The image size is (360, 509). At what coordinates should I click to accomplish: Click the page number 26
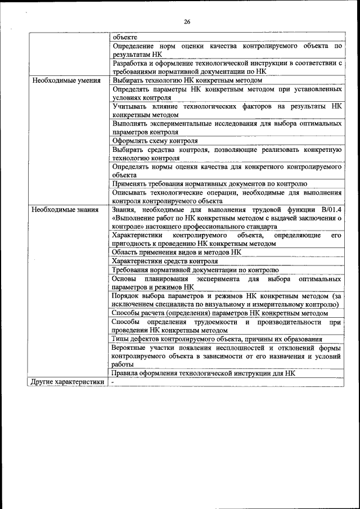click(187, 22)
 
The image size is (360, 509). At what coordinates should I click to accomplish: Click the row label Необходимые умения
click(66, 80)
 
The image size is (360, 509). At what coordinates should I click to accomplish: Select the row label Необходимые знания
click(65, 209)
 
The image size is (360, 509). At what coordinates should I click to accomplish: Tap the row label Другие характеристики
click(68, 382)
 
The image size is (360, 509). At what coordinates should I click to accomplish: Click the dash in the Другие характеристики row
click(113, 382)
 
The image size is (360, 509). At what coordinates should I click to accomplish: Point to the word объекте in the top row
click(125, 37)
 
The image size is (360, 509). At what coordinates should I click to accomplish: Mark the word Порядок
click(127, 296)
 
